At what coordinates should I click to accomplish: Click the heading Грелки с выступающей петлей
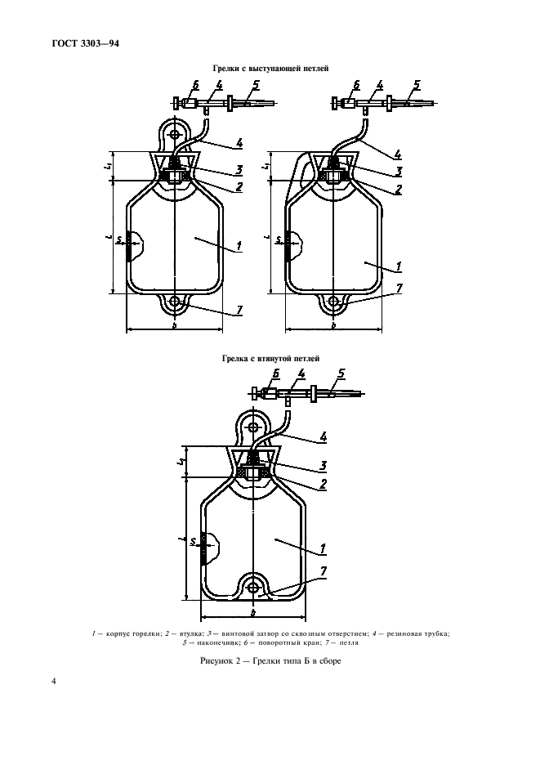click(x=270, y=70)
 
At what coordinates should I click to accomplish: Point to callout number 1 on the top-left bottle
click(x=237, y=246)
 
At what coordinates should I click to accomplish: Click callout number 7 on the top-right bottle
click(x=398, y=288)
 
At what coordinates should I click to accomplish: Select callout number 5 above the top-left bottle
click(x=256, y=85)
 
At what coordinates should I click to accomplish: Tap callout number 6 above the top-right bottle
click(x=356, y=85)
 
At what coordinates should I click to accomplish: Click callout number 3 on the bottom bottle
click(x=324, y=465)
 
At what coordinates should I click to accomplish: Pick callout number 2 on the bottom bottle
click(x=324, y=483)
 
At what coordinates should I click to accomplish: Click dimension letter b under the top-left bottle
click(x=174, y=324)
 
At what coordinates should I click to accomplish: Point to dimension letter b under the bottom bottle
click(x=253, y=612)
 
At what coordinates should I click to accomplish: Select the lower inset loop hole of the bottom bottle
click(x=254, y=587)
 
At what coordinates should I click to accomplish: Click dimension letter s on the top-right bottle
click(x=279, y=240)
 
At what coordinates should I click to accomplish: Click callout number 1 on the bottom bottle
click(x=324, y=547)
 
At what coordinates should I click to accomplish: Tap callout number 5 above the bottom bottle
click(x=342, y=375)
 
